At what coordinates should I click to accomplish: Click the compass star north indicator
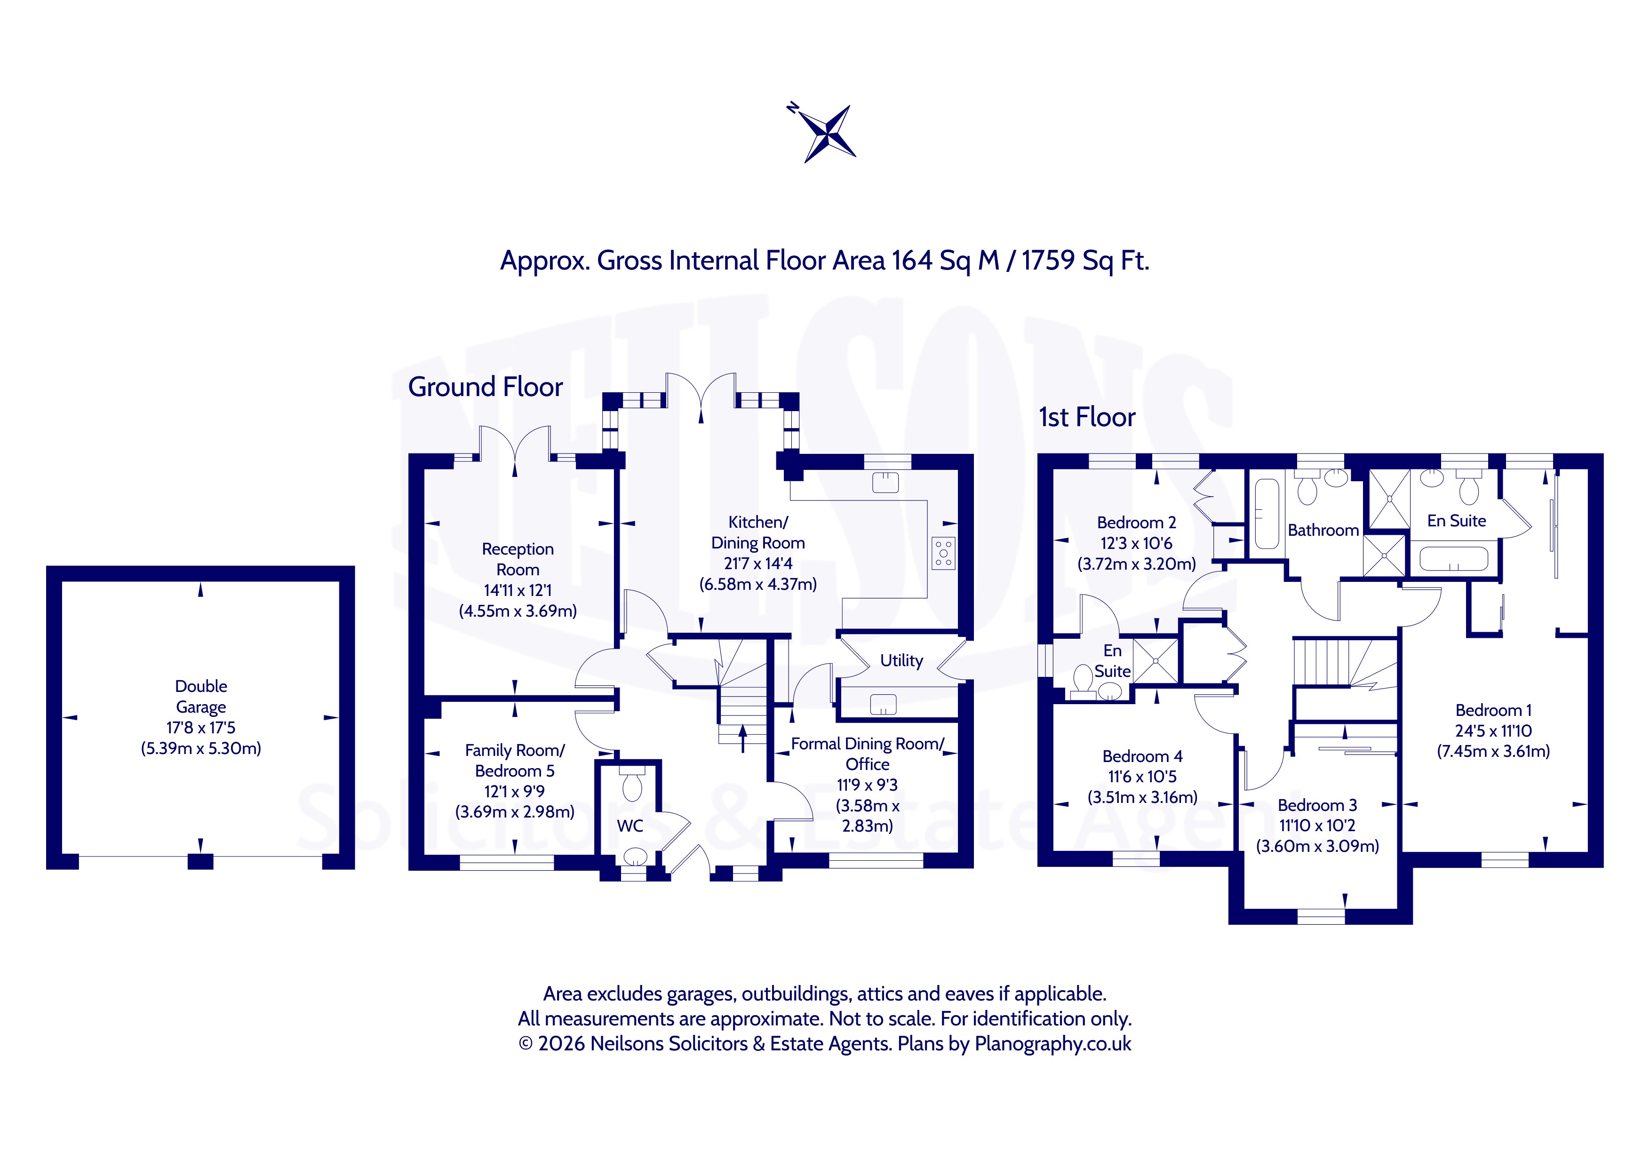[x=829, y=133]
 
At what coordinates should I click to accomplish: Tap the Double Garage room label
[x=201, y=696]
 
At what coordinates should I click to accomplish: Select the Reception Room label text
[x=518, y=559]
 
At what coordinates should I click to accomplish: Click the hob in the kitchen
[x=944, y=553]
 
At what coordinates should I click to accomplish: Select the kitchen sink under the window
[x=885, y=482]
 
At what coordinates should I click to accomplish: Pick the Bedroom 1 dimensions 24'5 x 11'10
[x=1493, y=731]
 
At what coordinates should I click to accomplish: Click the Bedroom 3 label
[x=1317, y=805]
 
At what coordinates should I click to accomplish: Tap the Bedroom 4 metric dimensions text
[x=1143, y=797]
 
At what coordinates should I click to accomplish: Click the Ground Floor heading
[x=486, y=387]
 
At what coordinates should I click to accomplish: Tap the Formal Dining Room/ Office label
[x=868, y=754]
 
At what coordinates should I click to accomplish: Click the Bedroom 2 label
[x=1137, y=523]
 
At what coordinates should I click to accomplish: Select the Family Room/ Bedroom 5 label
[x=515, y=760]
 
